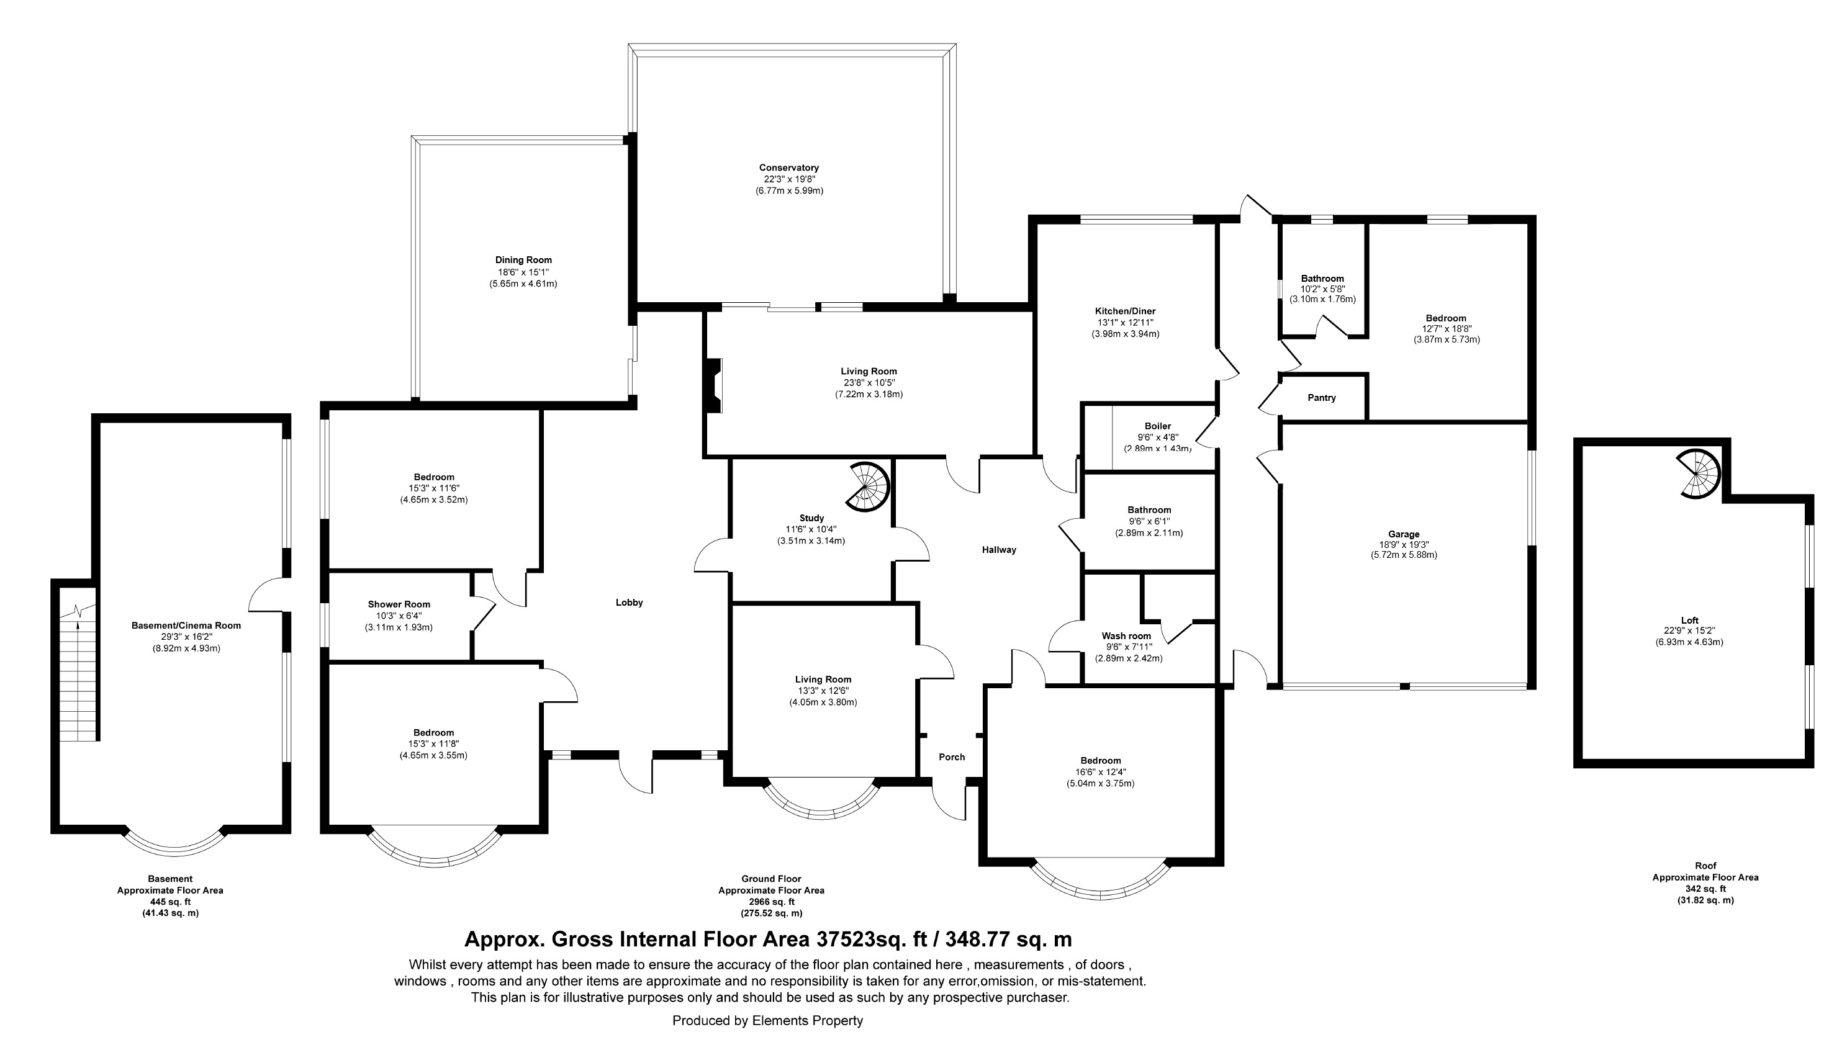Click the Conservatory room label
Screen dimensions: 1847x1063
pyautogui.click(x=788, y=168)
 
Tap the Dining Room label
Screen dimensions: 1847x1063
pyautogui.click(x=523, y=260)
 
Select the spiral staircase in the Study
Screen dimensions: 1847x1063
pyautogui.click(x=868, y=485)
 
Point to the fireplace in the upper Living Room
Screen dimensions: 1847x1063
pyautogui.click(x=713, y=386)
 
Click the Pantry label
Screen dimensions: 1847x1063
pyautogui.click(x=1322, y=398)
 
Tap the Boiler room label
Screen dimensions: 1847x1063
pyautogui.click(x=1158, y=426)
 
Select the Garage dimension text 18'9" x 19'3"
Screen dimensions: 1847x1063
pyautogui.click(x=1404, y=545)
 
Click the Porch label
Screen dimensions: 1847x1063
pyautogui.click(x=952, y=757)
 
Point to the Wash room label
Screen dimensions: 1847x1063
pyautogui.click(x=1126, y=636)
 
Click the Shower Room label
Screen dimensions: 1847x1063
pyautogui.click(x=399, y=604)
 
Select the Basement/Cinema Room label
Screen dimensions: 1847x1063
pyautogui.click(x=186, y=626)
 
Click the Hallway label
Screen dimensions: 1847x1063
pyautogui.click(x=999, y=550)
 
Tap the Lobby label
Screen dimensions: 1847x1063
pyautogui.click(x=629, y=603)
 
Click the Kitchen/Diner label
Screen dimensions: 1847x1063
pyautogui.click(x=1125, y=311)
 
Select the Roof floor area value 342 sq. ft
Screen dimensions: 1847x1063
pyautogui.click(x=1705, y=889)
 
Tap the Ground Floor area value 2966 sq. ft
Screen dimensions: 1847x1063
pyautogui.click(x=771, y=902)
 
